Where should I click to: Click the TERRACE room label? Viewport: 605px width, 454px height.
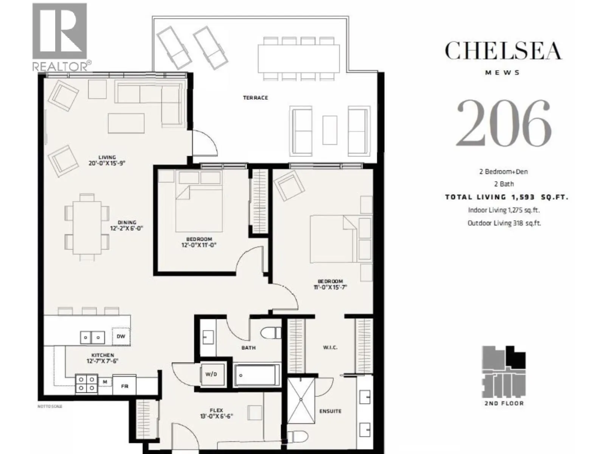click(x=255, y=98)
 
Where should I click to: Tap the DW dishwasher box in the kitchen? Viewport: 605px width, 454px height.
click(x=121, y=336)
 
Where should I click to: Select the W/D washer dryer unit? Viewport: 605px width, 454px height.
click(x=211, y=374)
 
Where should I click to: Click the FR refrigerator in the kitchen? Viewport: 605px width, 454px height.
click(x=124, y=386)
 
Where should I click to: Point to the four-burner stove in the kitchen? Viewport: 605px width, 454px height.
click(x=87, y=384)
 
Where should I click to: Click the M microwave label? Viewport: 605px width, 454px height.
click(x=105, y=382)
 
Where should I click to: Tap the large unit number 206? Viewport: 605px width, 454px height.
click(x=504, y=123)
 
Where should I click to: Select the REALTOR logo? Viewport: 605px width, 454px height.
click(x=61, y=37)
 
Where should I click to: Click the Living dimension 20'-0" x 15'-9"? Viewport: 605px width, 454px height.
click(x=107, y=163)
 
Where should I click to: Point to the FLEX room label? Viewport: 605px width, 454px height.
click(x=216, y=410)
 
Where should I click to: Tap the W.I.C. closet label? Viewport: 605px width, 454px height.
click(x=330, y=348)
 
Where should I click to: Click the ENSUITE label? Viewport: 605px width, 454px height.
click(x=330, y=411)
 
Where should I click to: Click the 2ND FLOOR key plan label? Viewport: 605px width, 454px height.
click(x=504, y=403)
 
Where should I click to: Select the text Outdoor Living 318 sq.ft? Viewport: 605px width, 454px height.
click(x=504, y=223)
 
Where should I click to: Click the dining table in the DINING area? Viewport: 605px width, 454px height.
click(x=87, y=227)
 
